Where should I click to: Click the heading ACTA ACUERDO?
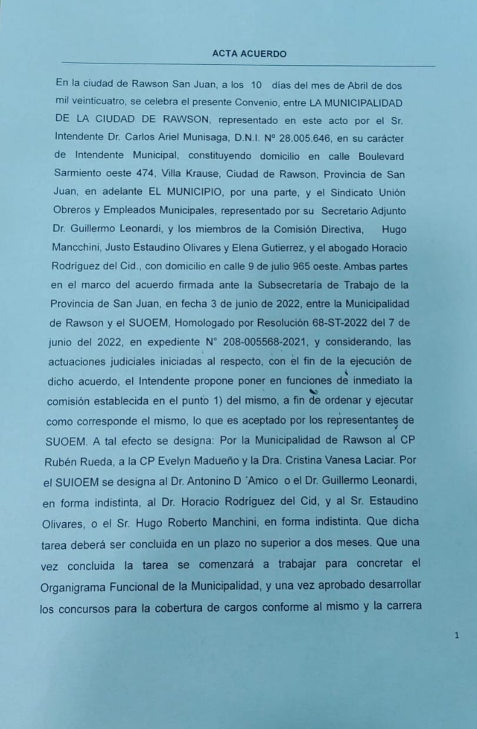coord(249,54)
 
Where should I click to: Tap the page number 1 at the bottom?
coord(456,636)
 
